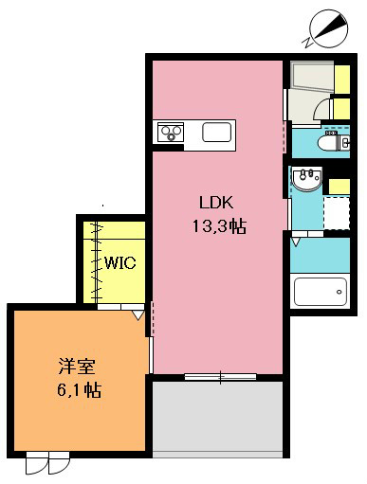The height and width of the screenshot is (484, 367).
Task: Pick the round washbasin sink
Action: (x=305, y=178)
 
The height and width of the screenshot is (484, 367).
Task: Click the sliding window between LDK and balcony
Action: (x=220, y=377)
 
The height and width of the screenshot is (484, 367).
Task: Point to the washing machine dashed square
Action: (x=338, y=210)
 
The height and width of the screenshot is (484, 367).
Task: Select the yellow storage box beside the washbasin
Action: (x=337, y=182)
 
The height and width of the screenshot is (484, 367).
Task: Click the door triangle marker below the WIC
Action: (x=138, y=314)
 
